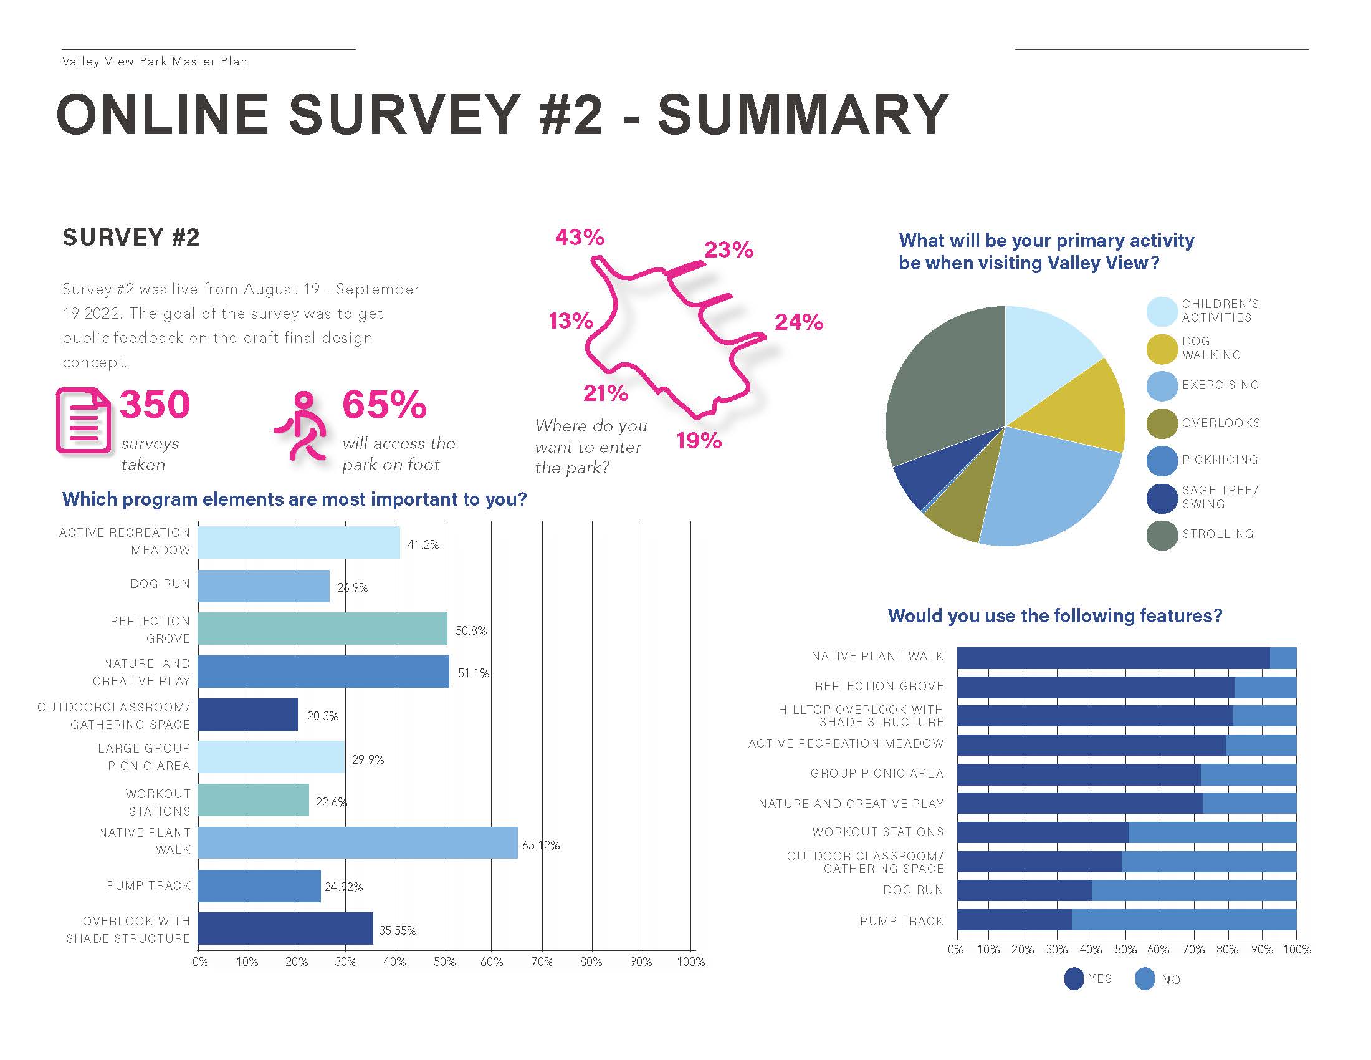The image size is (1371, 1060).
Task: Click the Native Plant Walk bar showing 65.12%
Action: [x=358, y=843]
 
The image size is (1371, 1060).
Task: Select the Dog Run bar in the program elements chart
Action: [x=264, y=586]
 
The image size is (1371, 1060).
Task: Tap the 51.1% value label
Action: [x=473, y=673]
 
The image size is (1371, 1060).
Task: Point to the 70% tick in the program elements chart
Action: [x=542, y=961]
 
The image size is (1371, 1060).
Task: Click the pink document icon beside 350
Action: [x=83, y=420]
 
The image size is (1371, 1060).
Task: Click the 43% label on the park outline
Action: [x=580, y=238]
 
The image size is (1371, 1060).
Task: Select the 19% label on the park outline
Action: [x=699, y=441]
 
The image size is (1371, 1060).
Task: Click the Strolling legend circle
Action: [x=1162, y=535]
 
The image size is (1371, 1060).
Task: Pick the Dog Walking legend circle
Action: [x=1162, y=349]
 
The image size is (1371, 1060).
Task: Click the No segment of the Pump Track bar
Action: [x=1183, y=920]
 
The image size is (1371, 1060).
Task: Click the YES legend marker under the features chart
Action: [x=1074, y=979]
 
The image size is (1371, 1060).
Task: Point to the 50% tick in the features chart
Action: [x=1125, y=950]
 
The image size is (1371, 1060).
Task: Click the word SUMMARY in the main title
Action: [x=803, y=115]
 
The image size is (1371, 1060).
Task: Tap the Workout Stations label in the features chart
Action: [x=877, y=832]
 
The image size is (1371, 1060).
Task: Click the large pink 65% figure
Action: [x=384, y=405]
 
